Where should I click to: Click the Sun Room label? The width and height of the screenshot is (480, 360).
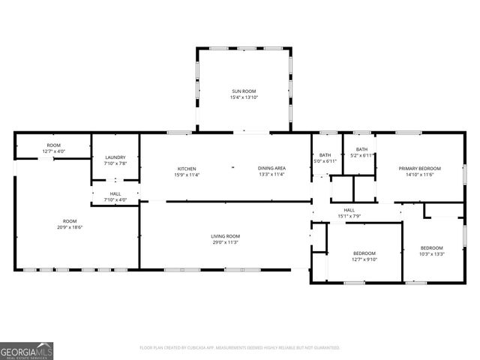click(x=243, y=91)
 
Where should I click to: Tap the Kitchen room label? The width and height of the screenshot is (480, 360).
click(x=187, y=168)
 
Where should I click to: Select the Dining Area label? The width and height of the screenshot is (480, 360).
click(x=271, y=168)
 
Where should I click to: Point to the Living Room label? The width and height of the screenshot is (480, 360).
click(x=225, y=236)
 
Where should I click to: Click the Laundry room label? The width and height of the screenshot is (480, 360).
click(x=115, y=157)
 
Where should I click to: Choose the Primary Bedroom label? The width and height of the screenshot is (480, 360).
click(x=419, y=168)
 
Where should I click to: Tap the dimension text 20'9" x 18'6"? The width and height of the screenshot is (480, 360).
click(x=70, y=228)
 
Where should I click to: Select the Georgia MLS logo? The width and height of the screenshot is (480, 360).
click(x=27, y=350)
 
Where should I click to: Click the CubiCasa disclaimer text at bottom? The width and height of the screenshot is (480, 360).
click(x=240, y=348)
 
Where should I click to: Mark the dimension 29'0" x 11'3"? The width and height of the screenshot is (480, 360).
click(x=225, y=242)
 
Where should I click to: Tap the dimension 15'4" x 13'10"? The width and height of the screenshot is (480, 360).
click(x=243, y=97)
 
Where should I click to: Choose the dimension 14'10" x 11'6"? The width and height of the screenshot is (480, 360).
click(x=419, y=175)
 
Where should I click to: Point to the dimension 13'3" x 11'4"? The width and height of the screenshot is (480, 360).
click(x=271, y=175)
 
